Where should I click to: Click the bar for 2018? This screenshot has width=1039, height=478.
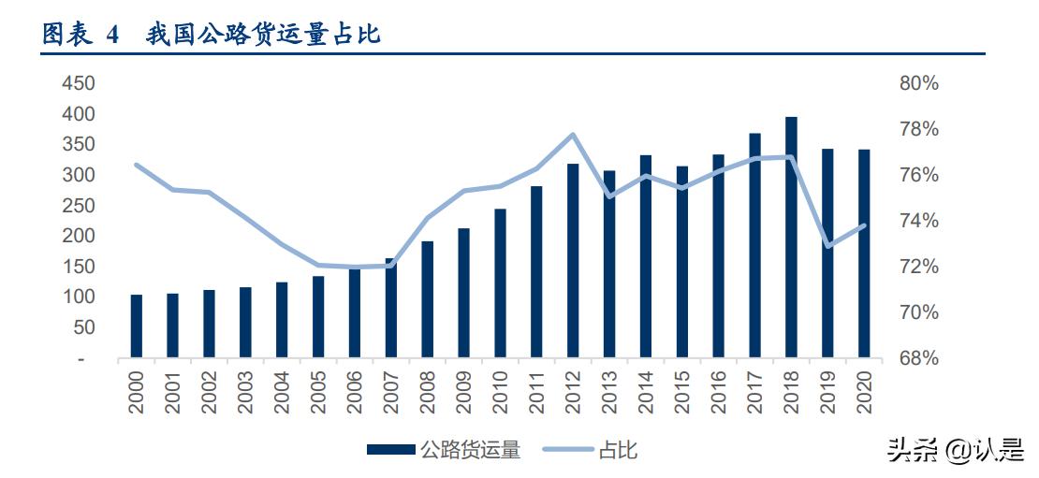tap(791, 238)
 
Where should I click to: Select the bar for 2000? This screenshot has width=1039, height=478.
tap(137, 326)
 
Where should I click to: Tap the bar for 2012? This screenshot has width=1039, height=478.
tap(573, 261)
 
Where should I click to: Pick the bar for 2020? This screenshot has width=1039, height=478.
tap(864, 253)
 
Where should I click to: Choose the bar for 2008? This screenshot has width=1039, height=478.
tap(427, 299)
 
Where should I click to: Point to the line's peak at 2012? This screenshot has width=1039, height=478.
tap(573, 134)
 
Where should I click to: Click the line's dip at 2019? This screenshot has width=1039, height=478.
tap(827, 246)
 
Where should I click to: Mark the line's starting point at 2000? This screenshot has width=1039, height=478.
tap(137, 165)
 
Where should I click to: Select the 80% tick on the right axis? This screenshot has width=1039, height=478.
tap(918, 84)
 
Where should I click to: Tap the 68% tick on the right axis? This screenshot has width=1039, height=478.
tap(918, 358)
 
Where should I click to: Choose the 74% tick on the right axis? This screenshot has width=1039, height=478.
tap(918, 221)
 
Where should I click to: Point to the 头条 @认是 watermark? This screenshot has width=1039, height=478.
tap(955, 450)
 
